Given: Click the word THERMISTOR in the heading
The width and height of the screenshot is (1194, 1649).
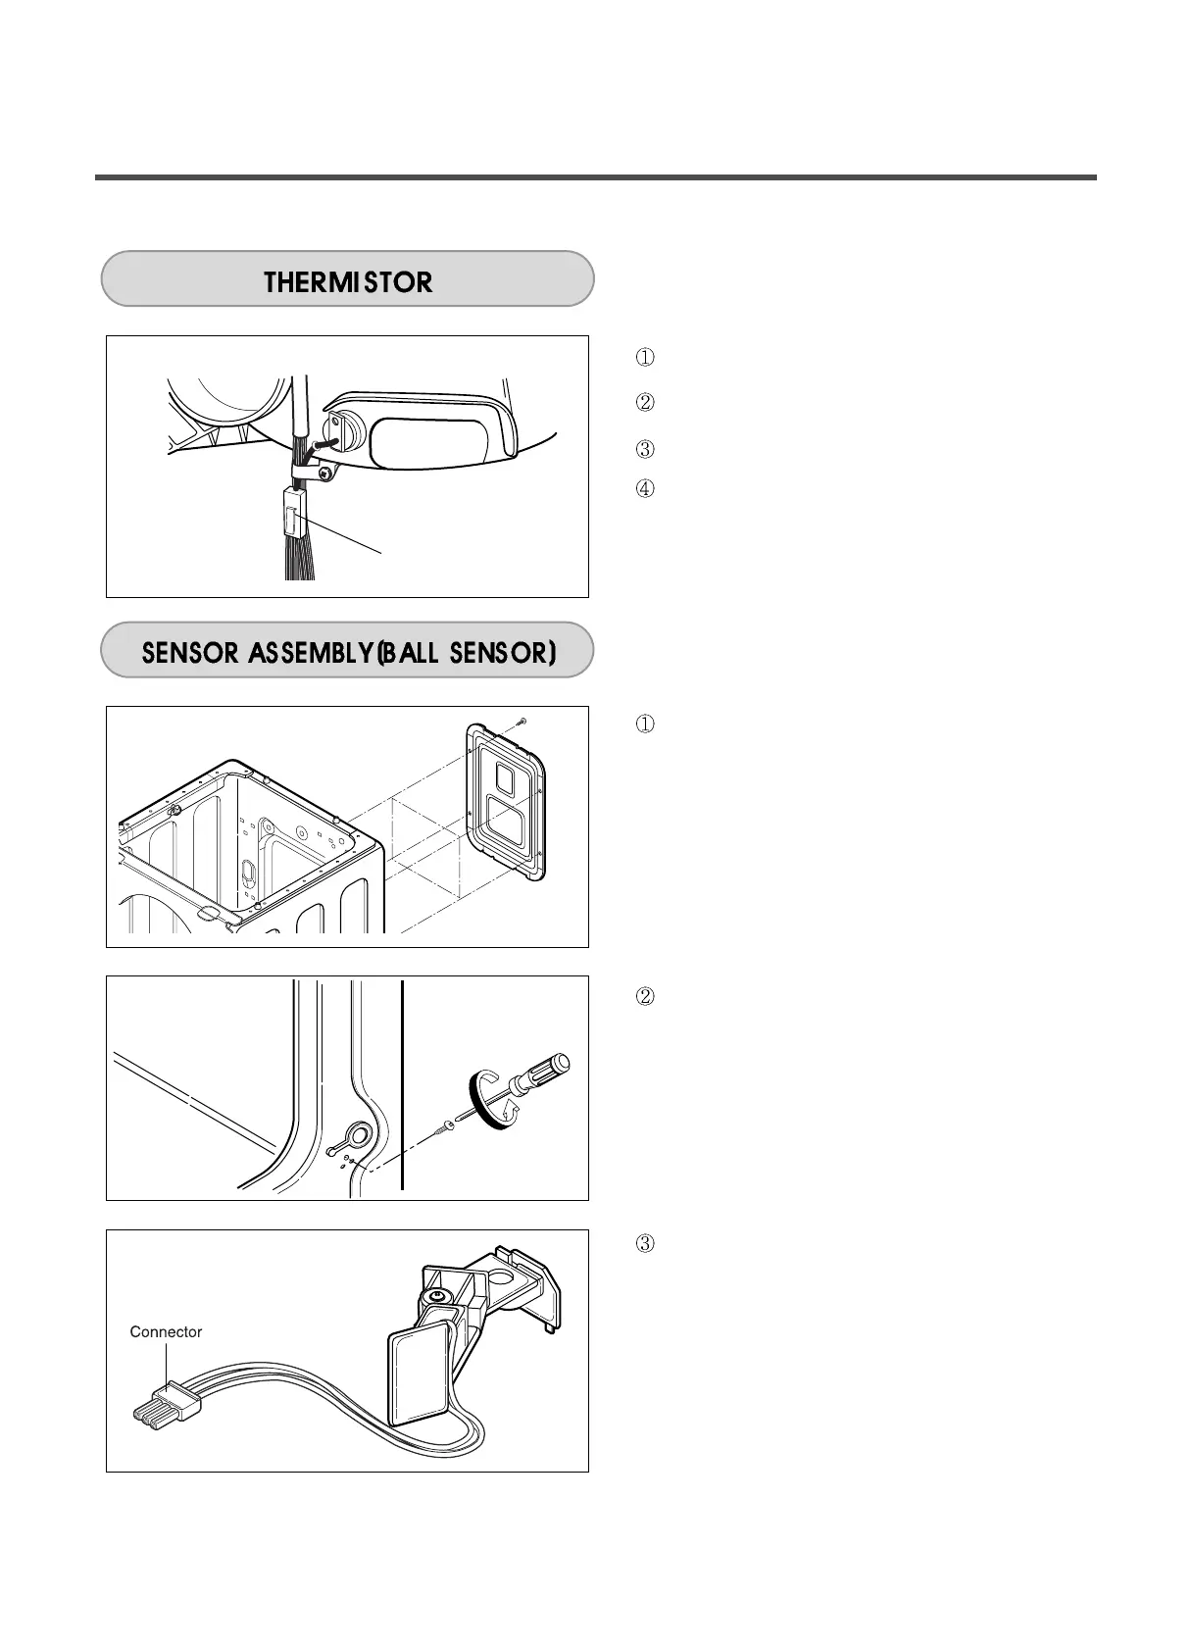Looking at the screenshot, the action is (x=348, y=282).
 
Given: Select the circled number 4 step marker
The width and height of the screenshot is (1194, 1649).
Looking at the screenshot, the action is (x=645, y=488).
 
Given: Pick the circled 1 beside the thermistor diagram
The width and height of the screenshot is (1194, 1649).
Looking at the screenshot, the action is (x=645, y=357).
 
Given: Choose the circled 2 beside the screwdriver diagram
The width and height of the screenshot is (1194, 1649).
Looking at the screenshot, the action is (x=645, y=997).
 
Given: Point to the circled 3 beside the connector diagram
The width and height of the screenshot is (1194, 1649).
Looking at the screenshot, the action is (x=645, y=1244).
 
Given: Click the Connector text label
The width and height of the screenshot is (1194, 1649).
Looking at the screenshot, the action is (x=166, y=1331).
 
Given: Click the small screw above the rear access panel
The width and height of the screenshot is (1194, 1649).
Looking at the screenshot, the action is (x=522, y=721).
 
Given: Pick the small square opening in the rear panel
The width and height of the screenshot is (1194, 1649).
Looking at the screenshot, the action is (x=504, y=777).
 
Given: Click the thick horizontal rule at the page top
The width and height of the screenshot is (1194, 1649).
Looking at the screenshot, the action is (x=595, y=177).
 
